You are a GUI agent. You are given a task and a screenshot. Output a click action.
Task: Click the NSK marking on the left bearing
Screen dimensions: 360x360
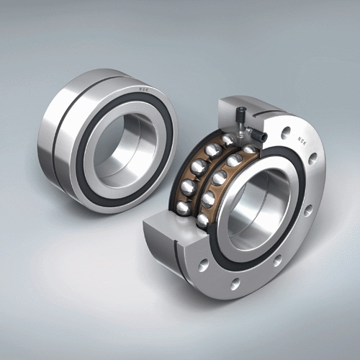point(143,89)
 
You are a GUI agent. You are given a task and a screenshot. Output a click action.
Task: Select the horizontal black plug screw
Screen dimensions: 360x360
point(258,134)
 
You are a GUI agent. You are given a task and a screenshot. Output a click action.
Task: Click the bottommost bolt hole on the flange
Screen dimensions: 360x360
point(235,283)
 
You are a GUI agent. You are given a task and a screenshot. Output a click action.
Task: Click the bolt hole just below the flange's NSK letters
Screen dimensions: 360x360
point(312,158)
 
